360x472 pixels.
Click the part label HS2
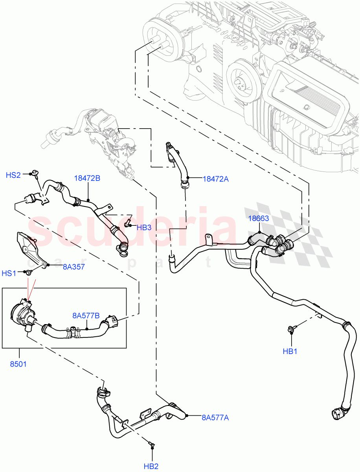(x=13, y=175)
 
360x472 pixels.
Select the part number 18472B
(x=87, y=178)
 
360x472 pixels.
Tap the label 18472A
(x=215, y=179)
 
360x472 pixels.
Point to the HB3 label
(x=144, y=227)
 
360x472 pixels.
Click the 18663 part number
(x=258, y=218)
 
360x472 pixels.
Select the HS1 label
(x=9, y=273)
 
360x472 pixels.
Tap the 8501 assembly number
(x=18, y=364)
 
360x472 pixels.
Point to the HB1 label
(x=290, y=352)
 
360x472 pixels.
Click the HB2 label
(x=151, y=466)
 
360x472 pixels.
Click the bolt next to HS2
(x=35, y=172)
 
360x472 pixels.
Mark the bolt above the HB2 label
(x=151, y=445)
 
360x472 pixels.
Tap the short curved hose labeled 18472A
(x=179, y=165)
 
